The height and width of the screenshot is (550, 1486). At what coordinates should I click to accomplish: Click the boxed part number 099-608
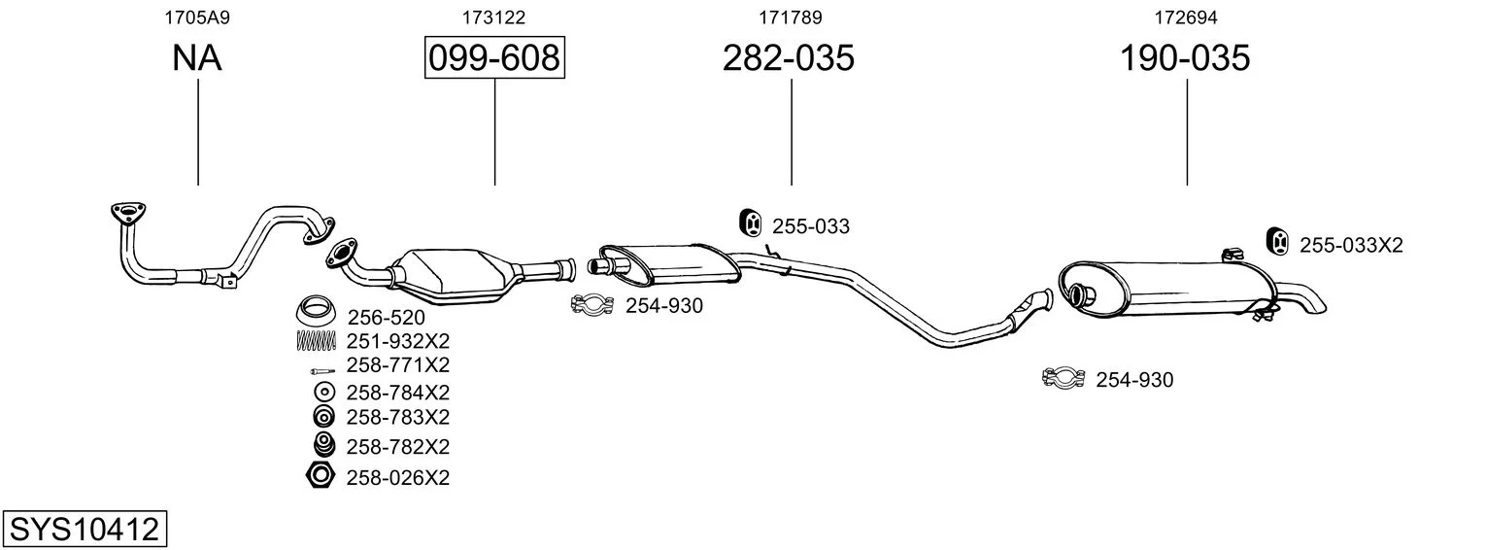495,57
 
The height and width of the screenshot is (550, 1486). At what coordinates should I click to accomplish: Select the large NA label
197,57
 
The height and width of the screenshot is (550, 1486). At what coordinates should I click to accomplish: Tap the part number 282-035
788,57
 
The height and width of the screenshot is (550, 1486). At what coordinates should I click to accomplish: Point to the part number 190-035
1185,57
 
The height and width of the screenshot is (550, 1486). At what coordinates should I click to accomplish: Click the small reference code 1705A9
197,17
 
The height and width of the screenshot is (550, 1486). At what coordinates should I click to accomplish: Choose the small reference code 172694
1186,17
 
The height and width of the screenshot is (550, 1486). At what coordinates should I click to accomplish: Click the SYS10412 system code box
84,529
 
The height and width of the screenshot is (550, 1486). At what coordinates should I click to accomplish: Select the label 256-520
387,317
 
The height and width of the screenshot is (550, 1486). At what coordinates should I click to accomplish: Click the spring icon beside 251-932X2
316,340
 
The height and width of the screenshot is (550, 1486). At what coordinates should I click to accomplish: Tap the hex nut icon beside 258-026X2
320,476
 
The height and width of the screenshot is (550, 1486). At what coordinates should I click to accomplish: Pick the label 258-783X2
398,417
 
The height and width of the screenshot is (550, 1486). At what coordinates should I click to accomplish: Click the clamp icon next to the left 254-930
591,304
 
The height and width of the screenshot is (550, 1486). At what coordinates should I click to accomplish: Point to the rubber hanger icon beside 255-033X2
1277,241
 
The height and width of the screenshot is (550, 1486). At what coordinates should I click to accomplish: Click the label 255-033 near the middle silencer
811,226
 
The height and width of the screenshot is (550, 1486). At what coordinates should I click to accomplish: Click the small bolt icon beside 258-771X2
322,370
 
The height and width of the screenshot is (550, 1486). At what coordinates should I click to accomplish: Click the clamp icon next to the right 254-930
1064,377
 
